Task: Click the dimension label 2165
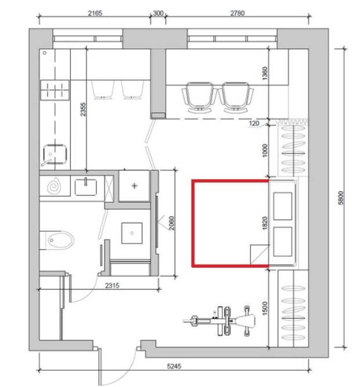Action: pyautogui.click(x=95, y=13)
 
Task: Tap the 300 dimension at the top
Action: pyautogui.click(x=158, y=13)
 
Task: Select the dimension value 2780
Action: pyautogui.click(x=237, y=13)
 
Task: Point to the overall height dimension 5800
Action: pyautogui.click(x=341, y=198)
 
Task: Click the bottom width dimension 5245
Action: pyautogui.click(x=174, y=366)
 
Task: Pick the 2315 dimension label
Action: pyautogui.click(x=112, y=285)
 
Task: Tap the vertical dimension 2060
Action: pyautogui.click(x=172, y=223)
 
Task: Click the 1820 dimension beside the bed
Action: pyautogui.click(x=265, y=223)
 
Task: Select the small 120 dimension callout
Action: pyautogui.click(x=254, y=123)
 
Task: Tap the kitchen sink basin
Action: pyautogui.click(x=55, y=154)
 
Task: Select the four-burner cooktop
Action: pyautogui.click(x=55, y=90)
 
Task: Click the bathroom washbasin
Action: pyautogui.click(x=85, y=187)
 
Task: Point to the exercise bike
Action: pyautogui.click(x=219, y=321)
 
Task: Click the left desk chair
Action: pyautogui.click(x=200, y=97)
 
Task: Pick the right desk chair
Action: pyautogui.click(x=236, y=97)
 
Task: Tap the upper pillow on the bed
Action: pyautogui.click(x=283, y=206)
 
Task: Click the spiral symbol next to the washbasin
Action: pyautogui.click(x=55, y=187)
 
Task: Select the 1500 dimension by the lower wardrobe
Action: pyautogui.click(x=265, y=308)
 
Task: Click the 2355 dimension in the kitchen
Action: pyautogui.click(x=83, y=109)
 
